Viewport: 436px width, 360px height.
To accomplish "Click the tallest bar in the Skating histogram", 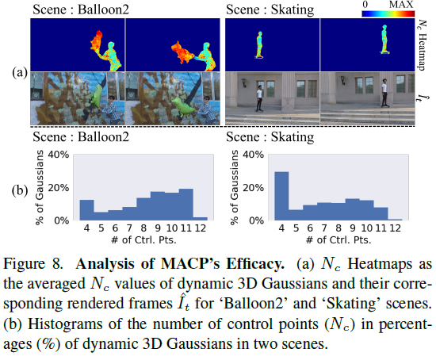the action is pyautogui.click(x=281, y=196).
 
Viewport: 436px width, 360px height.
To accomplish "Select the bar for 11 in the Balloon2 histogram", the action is pyautogui.click(x=186, y=205).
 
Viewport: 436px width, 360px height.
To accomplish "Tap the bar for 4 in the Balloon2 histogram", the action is pyautogui.click(x=86, y=210).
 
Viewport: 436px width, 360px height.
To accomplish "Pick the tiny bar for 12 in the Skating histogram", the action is pyautogui.click(x=395, y=220).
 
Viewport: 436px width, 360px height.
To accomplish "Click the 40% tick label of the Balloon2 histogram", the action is pyautogui.click(x=59, y=155).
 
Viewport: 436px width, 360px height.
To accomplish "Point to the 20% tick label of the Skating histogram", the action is pyautogui.click(x=253, y=188).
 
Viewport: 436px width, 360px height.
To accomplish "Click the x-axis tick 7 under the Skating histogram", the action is pyautogui.click(x=324, y=228).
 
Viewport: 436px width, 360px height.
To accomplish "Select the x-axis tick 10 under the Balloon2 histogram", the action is pyautogui.click(x=172, y=228).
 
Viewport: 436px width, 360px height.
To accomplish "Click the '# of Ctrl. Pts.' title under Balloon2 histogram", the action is pyautogui.click(x=143, y=239).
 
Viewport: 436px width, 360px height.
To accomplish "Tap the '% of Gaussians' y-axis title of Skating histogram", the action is pyautogui.click(x=235, y=187).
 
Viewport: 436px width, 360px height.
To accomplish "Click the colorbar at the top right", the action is pyautogui.click(x=388, y=13).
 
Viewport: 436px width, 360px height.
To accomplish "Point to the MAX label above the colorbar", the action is pyautogui.click(x=401, y=5).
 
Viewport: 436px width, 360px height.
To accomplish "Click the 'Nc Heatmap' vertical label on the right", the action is pyautogui.click(x=422, y=45).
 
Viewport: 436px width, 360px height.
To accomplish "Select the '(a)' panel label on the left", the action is pyautogui.click(x=20, y=72).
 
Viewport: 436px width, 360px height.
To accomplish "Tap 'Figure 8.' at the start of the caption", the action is pyautogui.click(x=33, y=264).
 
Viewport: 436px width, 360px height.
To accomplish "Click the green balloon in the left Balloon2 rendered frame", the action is pyautogui.click(x=98, y=96).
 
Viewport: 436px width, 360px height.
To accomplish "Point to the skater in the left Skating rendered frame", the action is pyautogui.click(x=259, y=98).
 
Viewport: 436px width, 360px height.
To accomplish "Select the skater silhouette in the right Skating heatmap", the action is pyautogui.click(x=384, y=39).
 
